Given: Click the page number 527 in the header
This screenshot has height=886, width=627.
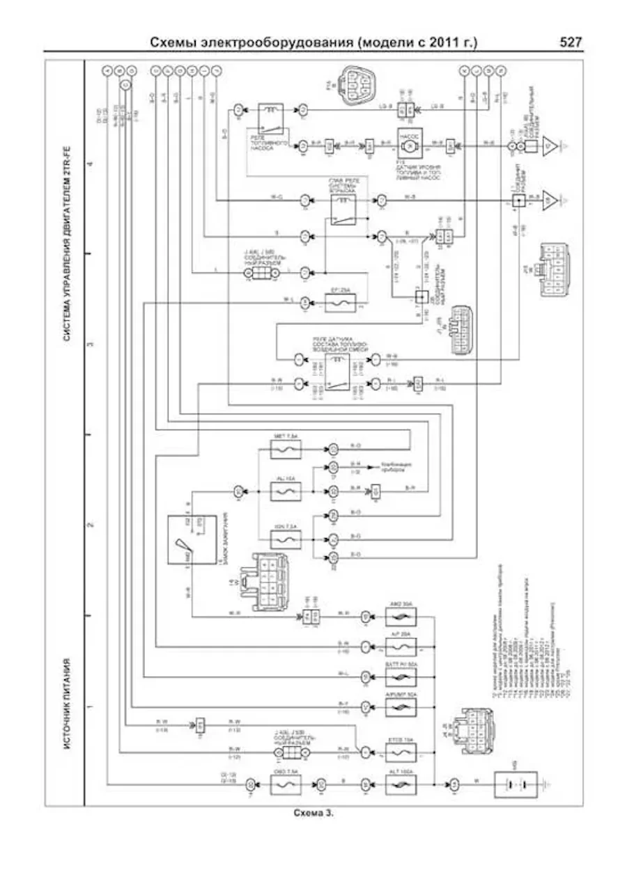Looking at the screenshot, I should pyautogui.click(x=571, y=42).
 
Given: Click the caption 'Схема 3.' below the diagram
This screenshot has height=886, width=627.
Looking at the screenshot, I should pyautogui.click(x=313, y=813).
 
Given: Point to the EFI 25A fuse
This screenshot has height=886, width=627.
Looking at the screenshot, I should pyautogui.click(x=341, y=302).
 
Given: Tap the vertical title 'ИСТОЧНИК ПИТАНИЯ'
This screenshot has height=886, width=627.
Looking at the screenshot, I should pyautogui.click(x=68, y=703).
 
